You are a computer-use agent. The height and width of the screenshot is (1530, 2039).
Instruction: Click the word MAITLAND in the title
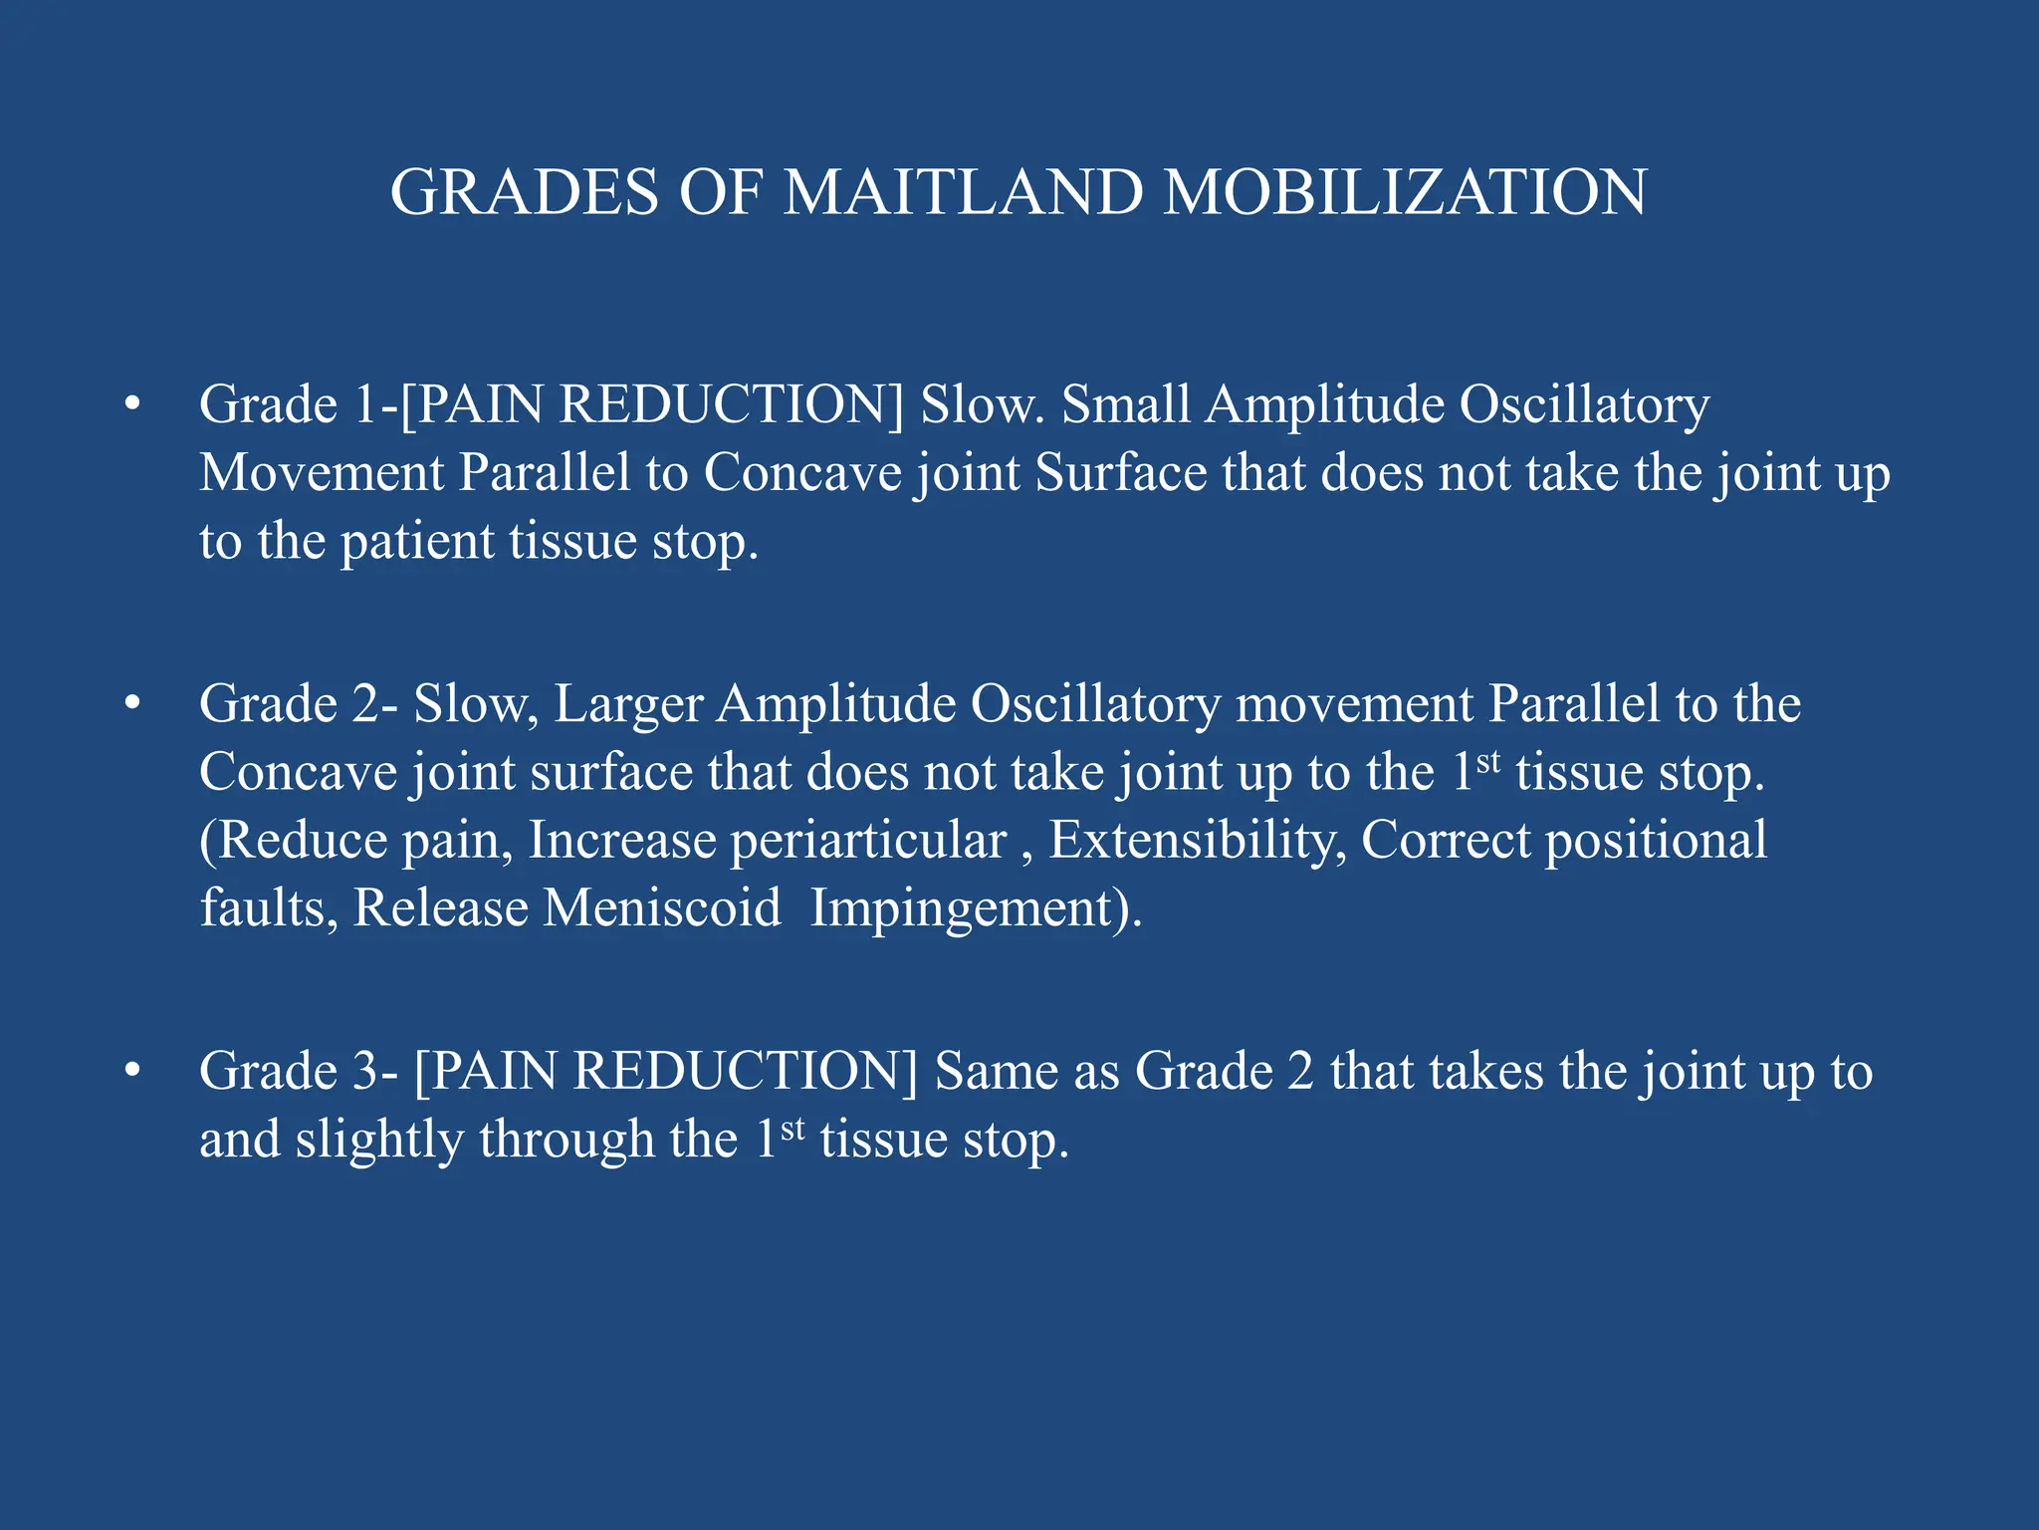963,191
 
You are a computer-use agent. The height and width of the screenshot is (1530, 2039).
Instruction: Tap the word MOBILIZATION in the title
1405,191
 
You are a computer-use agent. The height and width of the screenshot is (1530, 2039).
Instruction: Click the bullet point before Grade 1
132,404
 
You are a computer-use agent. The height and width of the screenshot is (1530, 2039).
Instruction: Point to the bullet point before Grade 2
132,704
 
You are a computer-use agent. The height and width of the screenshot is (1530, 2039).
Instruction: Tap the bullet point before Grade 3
132,1071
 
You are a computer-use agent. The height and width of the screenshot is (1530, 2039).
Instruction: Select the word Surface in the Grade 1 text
1121,472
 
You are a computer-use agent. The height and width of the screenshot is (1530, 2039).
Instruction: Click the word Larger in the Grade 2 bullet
628,704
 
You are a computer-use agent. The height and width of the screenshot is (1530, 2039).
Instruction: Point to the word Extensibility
1196,840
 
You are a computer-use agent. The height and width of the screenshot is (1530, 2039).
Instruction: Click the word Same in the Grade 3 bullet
996,1071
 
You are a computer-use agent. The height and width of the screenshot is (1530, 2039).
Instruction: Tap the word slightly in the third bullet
379,1140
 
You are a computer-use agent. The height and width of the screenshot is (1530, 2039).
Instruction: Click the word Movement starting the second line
322,472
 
